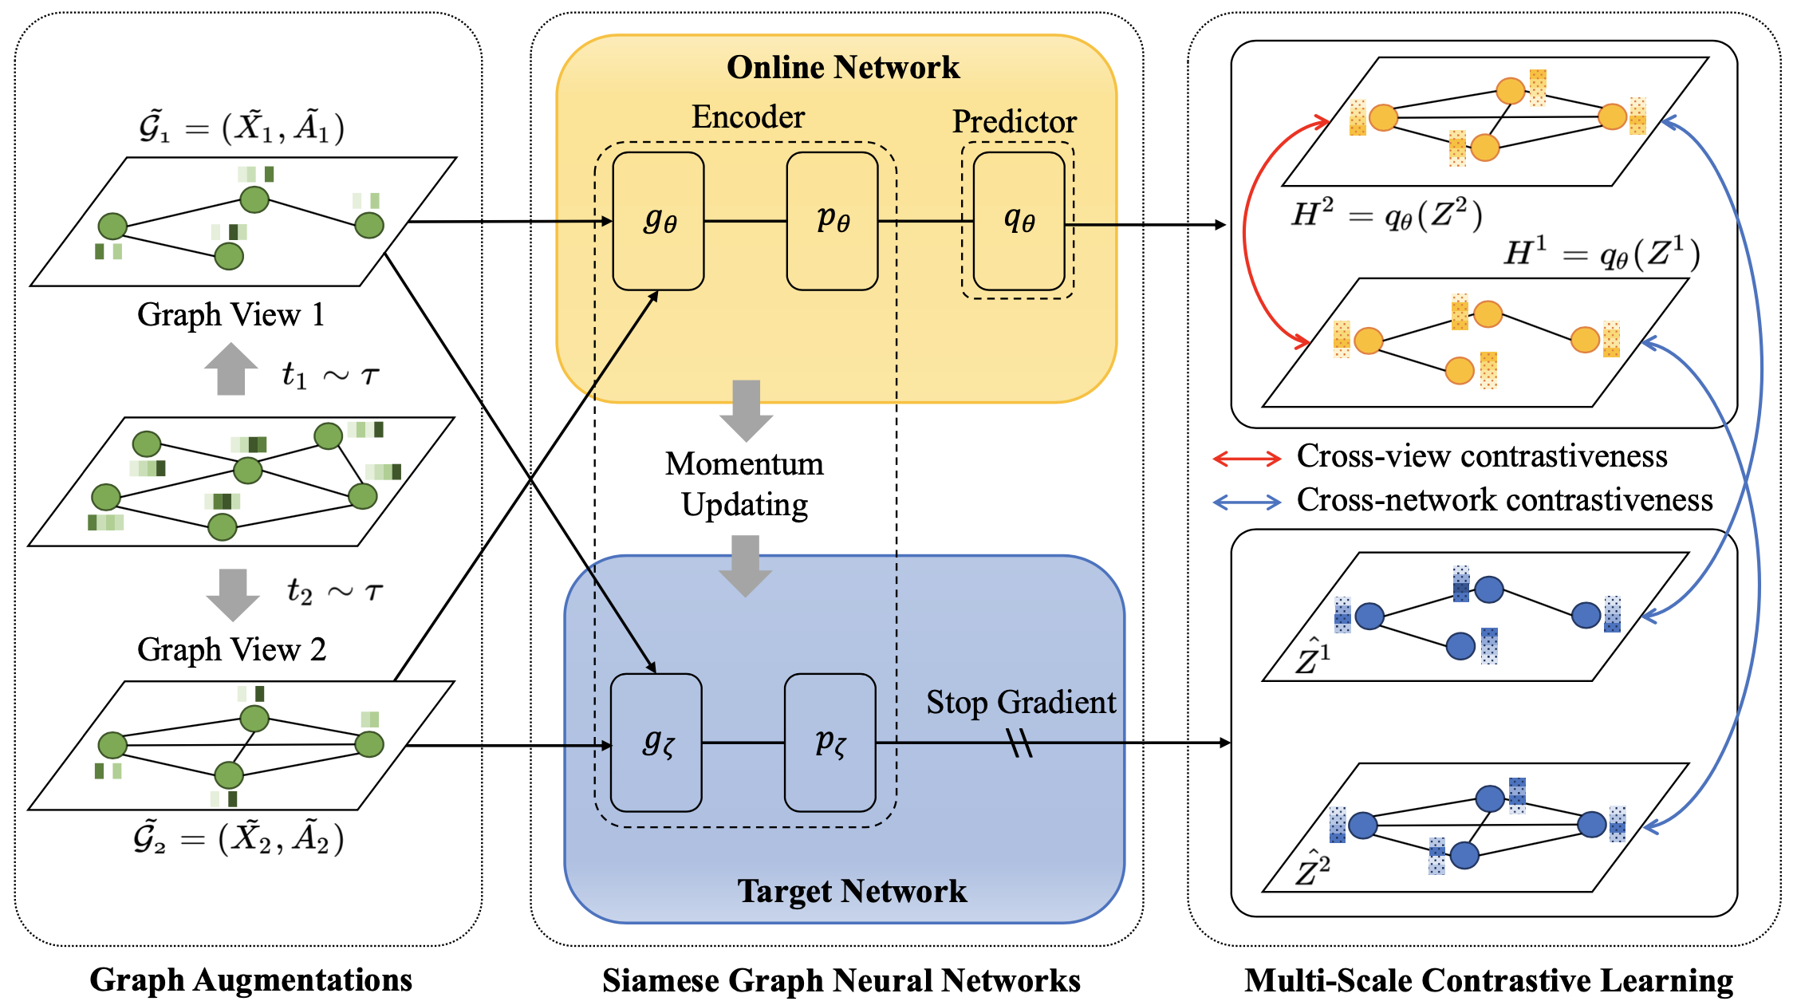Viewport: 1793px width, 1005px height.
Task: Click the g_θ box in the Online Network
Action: pyautogui.click(x=658, y=221)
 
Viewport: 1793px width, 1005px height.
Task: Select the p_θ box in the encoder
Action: pyautogui.click(x=832, y=221)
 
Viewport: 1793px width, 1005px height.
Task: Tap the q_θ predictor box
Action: pyautogui.click(x=1019, y=221)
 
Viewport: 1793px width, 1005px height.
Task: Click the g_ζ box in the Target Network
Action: pyautogui.click(x=656, y=743)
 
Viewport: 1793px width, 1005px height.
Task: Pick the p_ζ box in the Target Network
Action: pyautogui.click(x=830, y=743)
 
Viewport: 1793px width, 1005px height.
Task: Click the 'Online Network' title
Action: pyautogui.click(x=843, y=68)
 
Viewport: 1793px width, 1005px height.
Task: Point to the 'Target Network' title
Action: pyautogui.click(x=852, y=891)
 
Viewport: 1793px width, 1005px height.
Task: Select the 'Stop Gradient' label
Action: pyautogui.click(x=1021, y=703)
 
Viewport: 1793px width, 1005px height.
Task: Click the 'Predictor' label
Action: pyautogui.click(x=1015, y=122)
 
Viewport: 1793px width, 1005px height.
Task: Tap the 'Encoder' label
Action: pyautogui.click(x=748, y=117)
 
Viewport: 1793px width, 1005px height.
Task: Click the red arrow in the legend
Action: pyautogui.click(x=1247, y=459)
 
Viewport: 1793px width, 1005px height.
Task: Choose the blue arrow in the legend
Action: pyautogui.click(x=1247, y=503)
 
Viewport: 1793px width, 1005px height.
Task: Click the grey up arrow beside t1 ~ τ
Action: pyautogui.click(x=231, y=368)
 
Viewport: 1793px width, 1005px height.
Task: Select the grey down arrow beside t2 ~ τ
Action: pyautogui.click(x=233, y=595)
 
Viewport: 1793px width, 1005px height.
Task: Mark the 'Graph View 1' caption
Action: pyautogui.click(x=231, y=314)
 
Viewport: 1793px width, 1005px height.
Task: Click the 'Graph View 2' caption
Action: pyautogui.click(x=232, y=649)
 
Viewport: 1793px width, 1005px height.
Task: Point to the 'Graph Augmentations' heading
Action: pyautogui.click(x=250, y=980)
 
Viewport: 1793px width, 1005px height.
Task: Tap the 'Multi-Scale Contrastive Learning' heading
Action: pyautogui.click(x=1488, y=980)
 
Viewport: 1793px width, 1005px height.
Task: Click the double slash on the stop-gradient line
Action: pyautogui.click(x=1020, y=743)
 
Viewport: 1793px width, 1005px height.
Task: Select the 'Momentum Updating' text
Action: pyautogui.click(x=745, y=484)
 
